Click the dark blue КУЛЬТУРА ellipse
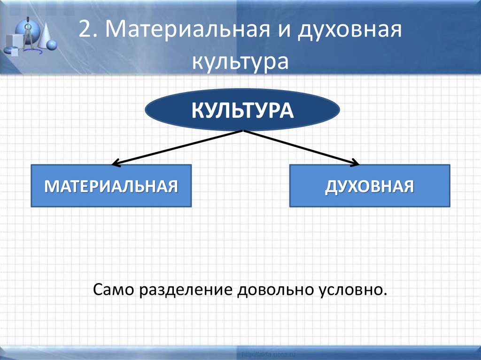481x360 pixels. point(242,110)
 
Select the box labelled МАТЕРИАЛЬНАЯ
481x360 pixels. point(111,186)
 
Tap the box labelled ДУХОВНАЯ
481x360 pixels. point(370,186)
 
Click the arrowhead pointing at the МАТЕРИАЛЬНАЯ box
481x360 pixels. point(116,163)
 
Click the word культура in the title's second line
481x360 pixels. point(240,62)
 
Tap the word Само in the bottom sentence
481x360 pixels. point(114,289)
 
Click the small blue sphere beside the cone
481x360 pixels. point(53,45)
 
